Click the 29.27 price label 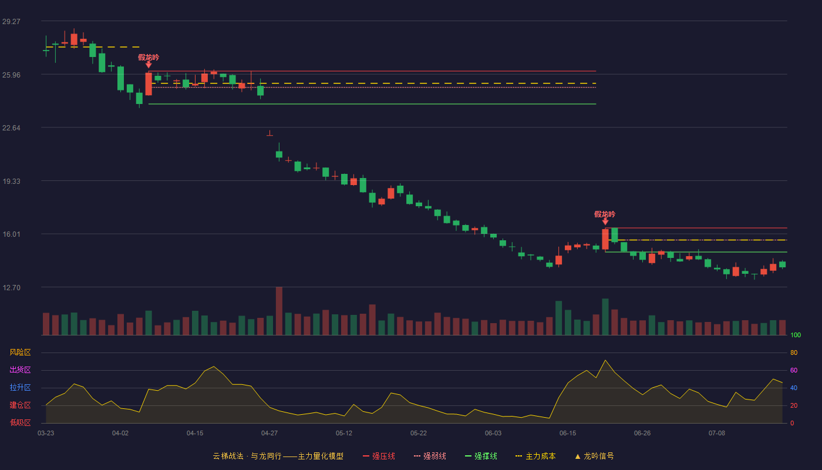pyautogui.click(x=11, y=21)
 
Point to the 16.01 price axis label pyautogui.click(x=11, y=234)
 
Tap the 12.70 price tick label pyautogui.click(x=11, y=287)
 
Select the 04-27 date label pyautogui.click(x=269, y=434)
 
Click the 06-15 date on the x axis pyautogui.click(x=568, y=434)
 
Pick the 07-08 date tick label pyautogui.click(x=717, y=434)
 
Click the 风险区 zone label pyautogui.click(x=20, y=352)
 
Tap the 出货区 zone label pyautogui.click(x=20, y=370)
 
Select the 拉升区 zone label pyautogui.click(x=20, y=387)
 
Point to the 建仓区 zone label pyautogui.click(x=20, y=405)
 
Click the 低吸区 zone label pyautogui.click(x=20, y=422)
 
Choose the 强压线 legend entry pyautogui.click(x=379, y=456)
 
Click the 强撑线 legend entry pyautogui.click(x=481, y=456)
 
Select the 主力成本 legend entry pyautogui.click(x=535, y=456)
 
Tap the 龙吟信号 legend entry pyautogui.click(x=594, y=456)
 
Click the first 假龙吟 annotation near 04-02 pyautogui.click(x=148, y=58)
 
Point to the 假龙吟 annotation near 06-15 pyautogui.click(x=605, y=214)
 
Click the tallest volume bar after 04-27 pyautogui.click(x=279, y=311)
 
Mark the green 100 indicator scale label pyautogui.click(x=796, y=335)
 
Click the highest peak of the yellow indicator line pyautogui.click(x=605, y=360)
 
